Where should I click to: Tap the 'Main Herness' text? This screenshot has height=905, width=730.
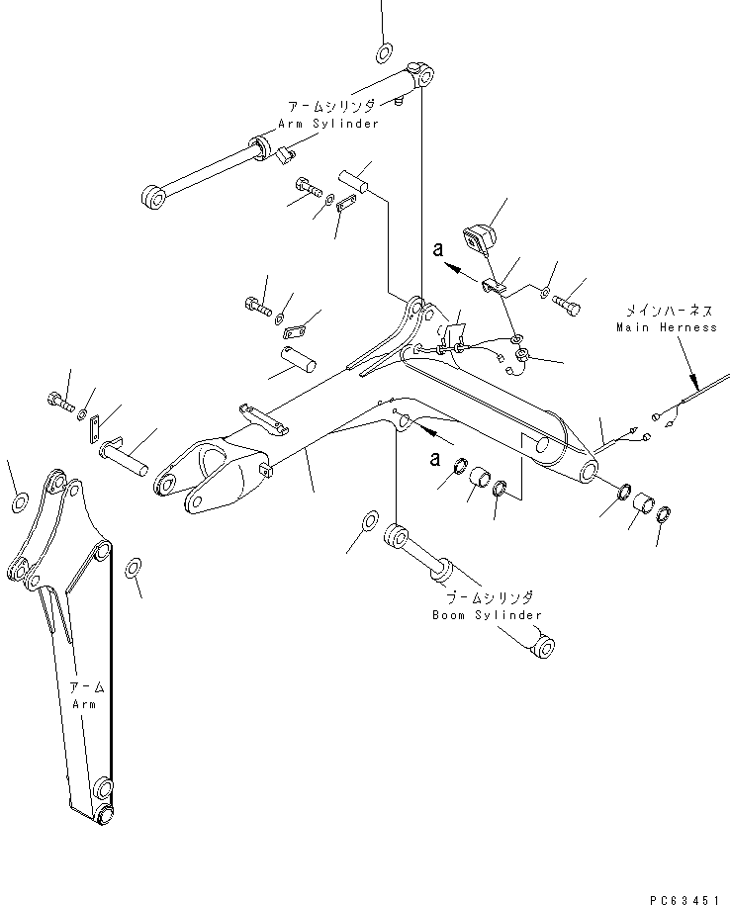(x=666, y=327)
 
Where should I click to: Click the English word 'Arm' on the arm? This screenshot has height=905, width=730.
(x=83, y=703)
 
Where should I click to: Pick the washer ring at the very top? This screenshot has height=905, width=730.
(x=385, y=51)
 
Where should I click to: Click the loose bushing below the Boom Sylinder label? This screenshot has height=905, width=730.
(x=541, y=648)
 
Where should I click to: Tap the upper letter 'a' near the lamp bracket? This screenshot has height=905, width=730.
(x=435, y=253)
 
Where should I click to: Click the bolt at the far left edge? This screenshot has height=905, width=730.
(x=57, y=402)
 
